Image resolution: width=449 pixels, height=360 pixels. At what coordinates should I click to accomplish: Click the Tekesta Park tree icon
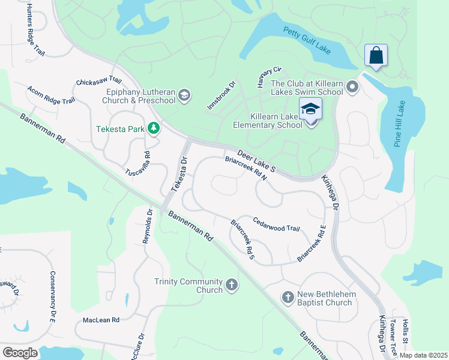pos(154,128)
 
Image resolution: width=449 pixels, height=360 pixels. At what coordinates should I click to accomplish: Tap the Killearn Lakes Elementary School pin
pos(310,110)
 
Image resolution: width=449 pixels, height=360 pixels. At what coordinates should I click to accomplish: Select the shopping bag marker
pos(376,56)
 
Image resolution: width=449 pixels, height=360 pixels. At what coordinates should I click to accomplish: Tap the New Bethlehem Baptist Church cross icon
pos(288,297)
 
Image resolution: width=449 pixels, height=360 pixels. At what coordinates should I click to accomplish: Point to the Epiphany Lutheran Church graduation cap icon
pos(184,95)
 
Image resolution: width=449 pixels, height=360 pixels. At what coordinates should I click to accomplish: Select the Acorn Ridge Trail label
pos(50,95)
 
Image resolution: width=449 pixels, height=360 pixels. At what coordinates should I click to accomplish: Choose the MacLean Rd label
pos(101,320)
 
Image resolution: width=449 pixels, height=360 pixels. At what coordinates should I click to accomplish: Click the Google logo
pos(20,352)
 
